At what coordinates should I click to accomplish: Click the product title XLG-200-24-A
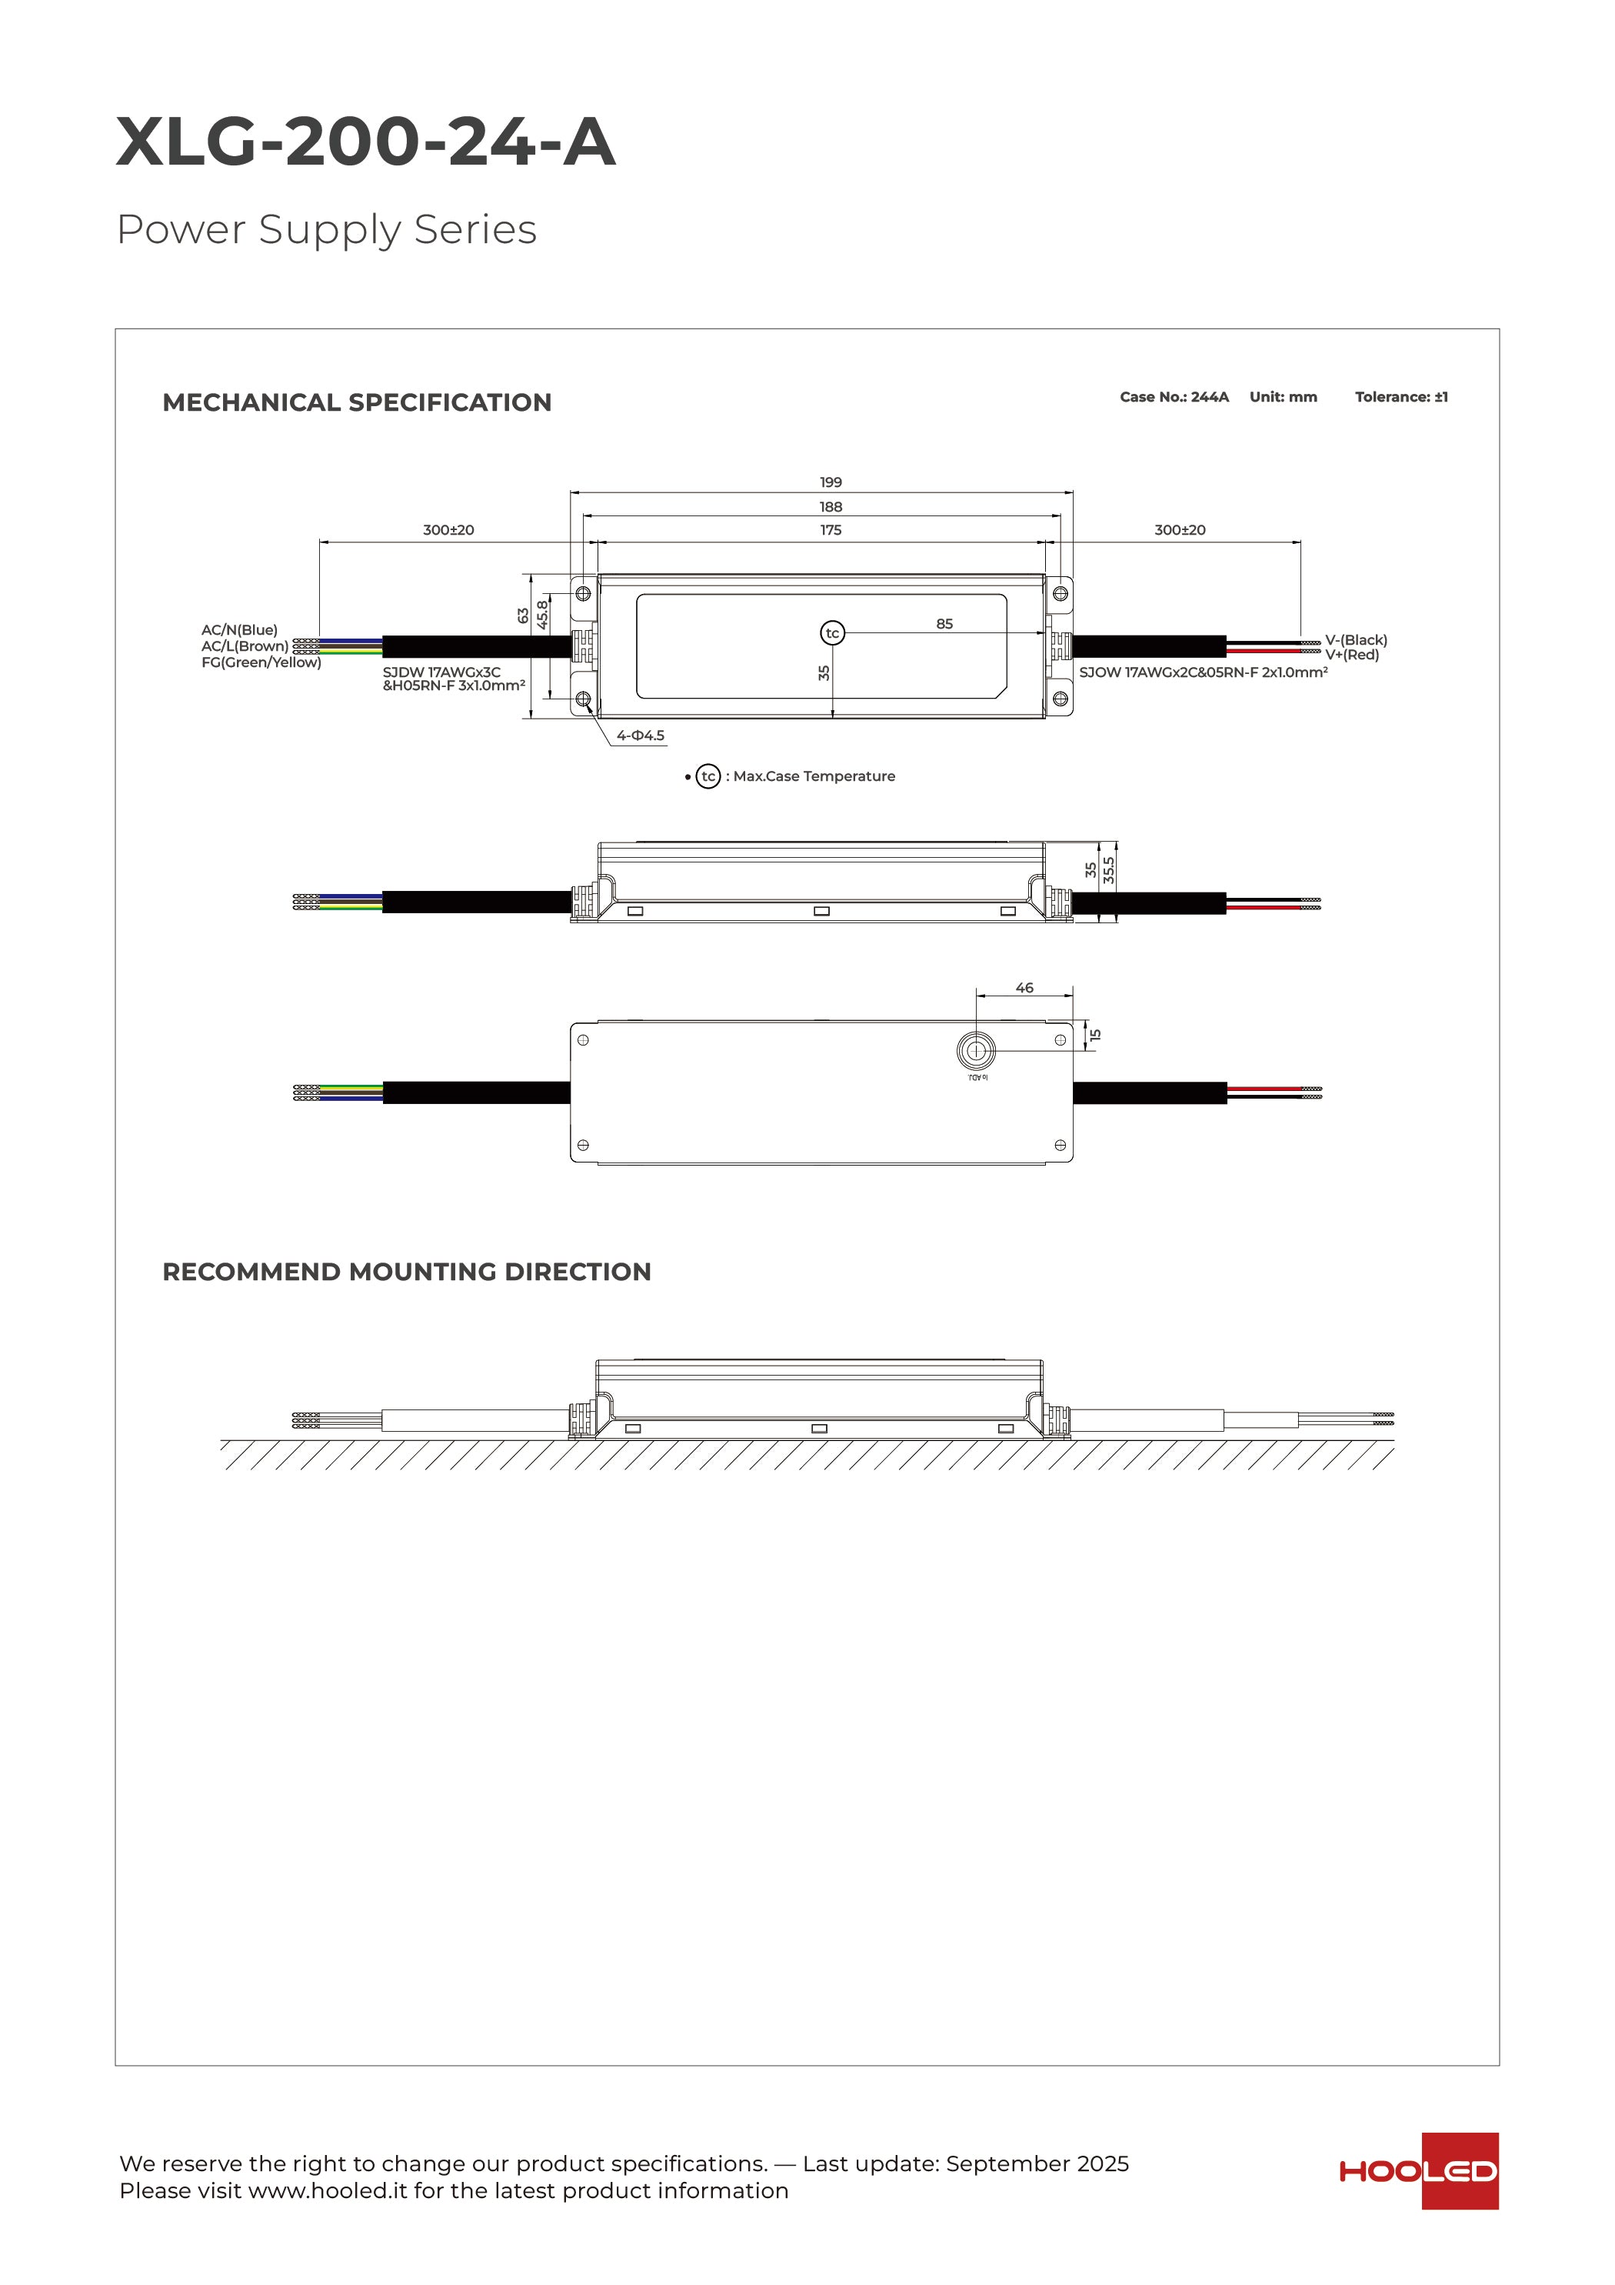point(365,142)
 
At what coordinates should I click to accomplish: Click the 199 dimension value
point(831,482)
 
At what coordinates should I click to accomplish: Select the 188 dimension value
point(831,506)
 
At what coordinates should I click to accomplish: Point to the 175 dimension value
point(831,529)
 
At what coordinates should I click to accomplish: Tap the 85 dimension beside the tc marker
point(944,624)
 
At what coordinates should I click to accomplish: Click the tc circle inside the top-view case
point(832,633)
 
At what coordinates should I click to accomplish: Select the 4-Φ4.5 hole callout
point(640,736)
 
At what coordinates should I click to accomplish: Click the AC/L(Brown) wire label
point(245,646)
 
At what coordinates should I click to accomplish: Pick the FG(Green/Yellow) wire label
point(261,663)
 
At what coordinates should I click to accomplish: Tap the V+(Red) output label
point(1352,655)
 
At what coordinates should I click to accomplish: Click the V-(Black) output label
point(1355,640)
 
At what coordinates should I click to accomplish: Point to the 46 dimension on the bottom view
point(1024,987)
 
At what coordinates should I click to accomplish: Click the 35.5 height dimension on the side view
point(1108,870)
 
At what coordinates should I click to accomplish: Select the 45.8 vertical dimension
point(542,613)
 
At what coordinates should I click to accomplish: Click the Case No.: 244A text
point(1174,397)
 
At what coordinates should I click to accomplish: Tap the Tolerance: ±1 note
point(1401,397)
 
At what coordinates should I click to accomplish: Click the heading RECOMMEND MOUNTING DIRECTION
point(406,1272)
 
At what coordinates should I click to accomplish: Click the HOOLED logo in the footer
point(1419,2170)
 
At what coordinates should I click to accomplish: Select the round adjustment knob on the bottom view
point(976,1050)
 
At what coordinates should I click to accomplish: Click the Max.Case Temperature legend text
point(814,776)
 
